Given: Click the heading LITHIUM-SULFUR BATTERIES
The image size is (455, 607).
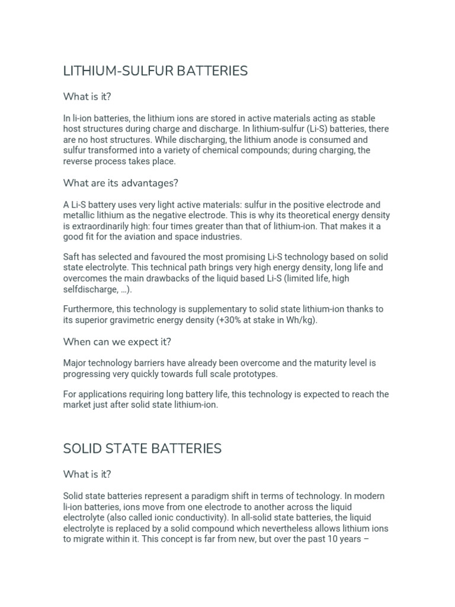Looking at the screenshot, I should coord(155,71).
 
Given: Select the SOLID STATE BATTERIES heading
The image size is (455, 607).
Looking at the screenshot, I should coord(142,449).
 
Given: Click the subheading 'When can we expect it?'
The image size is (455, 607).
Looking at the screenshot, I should coord(117,341).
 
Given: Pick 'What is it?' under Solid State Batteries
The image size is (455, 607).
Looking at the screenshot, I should coord(87,474).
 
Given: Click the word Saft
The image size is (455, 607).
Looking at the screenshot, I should coord(73,257).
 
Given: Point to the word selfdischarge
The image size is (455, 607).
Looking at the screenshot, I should coord(89,289).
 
